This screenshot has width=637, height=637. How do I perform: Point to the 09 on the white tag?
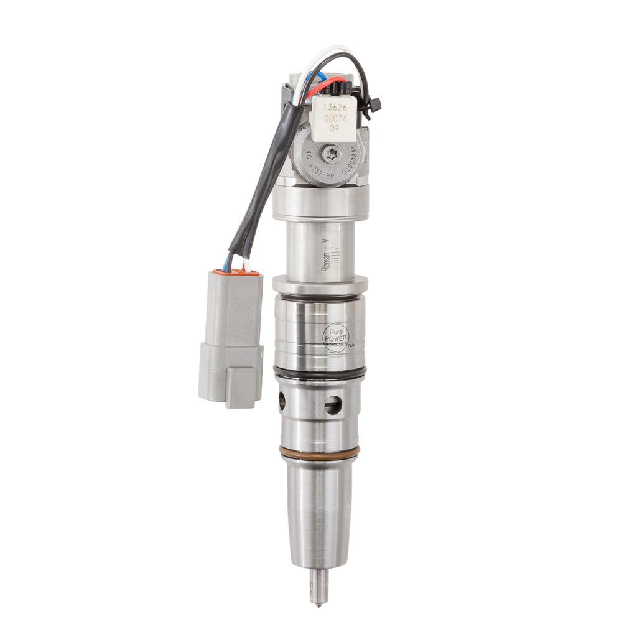coord(334,128)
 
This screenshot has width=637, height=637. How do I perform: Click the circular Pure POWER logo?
coord(336,337)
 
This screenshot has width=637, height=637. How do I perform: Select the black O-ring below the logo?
coord(319,372)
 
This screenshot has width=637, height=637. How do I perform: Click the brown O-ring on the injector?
coord(319,453)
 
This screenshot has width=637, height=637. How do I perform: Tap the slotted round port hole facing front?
coord(333,406)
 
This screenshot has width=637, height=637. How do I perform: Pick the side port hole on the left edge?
coord(282,401)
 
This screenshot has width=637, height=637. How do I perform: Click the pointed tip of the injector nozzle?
coord(318,601)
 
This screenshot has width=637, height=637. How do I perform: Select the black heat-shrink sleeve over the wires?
coord(261,180)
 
